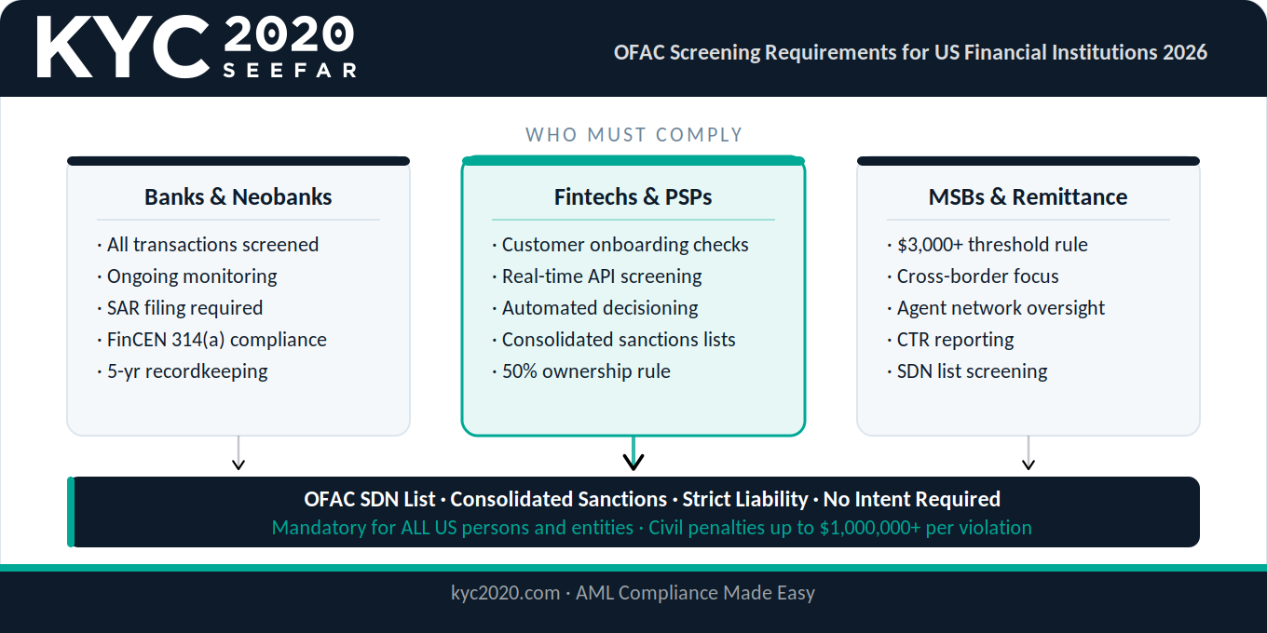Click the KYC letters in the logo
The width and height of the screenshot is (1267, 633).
pos(123,47)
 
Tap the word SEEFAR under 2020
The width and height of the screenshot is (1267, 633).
pos(290,70)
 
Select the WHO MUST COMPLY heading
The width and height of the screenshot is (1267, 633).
pos(633,135)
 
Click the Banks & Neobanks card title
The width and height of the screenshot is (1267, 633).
pos(238,196)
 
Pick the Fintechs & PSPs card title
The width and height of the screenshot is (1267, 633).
pos(633,196)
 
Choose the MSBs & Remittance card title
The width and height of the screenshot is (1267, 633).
pos(1028,196)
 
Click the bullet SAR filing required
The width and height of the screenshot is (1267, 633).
pos(180,308)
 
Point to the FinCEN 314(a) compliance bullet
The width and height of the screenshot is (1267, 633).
pos(211,340)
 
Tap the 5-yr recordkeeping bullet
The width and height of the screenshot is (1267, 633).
pos(183,371)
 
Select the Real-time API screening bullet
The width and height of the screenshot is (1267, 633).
pos(597,276)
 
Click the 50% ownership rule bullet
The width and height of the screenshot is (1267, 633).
pos(581,371)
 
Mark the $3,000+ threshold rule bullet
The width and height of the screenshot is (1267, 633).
pos(987,245)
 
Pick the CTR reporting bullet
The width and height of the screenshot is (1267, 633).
pos(950,340)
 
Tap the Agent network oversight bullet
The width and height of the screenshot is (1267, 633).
pos(996,308)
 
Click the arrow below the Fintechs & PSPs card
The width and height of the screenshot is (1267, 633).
pos(633,453)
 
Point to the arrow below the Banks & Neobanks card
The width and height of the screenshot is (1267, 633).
pos(238,452)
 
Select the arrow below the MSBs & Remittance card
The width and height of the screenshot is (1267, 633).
pos(1029,452)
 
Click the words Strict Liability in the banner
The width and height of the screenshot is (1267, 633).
pos(745,499)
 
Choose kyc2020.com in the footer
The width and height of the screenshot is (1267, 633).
pos(505,592)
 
